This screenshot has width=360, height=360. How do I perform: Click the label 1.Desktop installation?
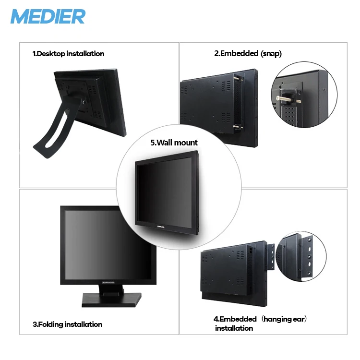68,54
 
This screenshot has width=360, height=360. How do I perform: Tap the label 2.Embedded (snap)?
248,54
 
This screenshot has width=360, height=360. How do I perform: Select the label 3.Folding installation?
67,324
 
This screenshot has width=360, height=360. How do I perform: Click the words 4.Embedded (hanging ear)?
260,319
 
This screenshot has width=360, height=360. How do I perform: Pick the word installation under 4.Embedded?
234,328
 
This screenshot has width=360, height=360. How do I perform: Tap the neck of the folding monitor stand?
108,288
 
